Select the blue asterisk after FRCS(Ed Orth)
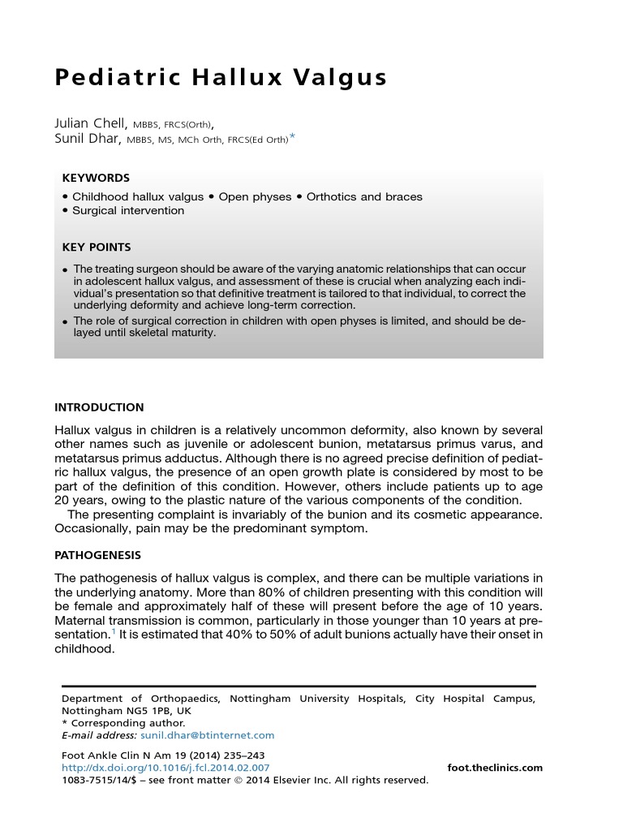tap(293, 138)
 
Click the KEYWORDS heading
tap(96, 178)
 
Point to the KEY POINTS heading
tap(97, 247)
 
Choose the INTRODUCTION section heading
tap(99, 407)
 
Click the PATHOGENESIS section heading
tap(97, 555)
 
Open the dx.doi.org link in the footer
tap(165, 768)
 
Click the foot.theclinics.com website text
tap(495, 768)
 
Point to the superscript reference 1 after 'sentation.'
tap(111, 631)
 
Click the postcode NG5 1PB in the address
tap(146, 711)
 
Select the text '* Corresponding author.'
tap(123, 723)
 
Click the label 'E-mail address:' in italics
tap(98, 735)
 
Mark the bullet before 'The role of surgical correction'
tap(65, 322)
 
